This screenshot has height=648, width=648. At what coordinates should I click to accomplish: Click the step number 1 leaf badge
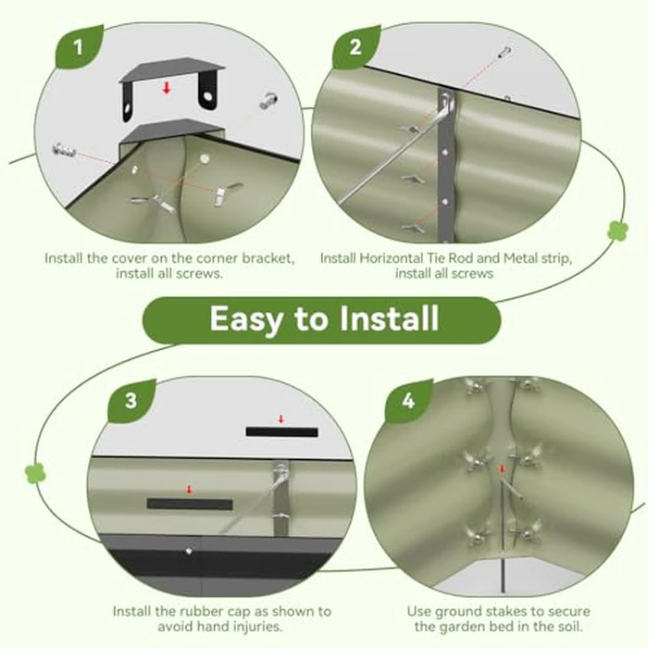click(x=79, y=46)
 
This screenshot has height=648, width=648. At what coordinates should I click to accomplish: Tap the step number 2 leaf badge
click(x=355, y=46)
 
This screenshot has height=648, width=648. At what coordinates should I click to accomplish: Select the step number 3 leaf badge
click(x=131, y=401)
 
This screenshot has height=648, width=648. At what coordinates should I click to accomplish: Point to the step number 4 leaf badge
click(x=408, y=401)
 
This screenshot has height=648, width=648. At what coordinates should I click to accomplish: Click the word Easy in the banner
click(x=247, y=319)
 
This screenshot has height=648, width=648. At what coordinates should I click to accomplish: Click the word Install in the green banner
click(x=389, y=318)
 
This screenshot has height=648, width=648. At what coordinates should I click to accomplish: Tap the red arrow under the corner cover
click(x=167, y=88)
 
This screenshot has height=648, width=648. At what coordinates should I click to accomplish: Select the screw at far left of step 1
click(x=64, y=149)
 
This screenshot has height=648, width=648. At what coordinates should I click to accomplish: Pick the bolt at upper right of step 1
click(x=268, y=101)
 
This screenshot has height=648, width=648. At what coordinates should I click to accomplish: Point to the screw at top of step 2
click(x=505, y=53)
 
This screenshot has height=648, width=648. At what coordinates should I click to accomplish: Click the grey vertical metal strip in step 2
click(x=446, y=166)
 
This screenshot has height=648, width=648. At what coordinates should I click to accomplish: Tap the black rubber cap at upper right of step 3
click(x=281, y=432)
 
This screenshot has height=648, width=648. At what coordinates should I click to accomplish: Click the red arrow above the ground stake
click(x=502, y=468)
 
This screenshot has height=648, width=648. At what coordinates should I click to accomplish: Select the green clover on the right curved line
click(x=617, y=231)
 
